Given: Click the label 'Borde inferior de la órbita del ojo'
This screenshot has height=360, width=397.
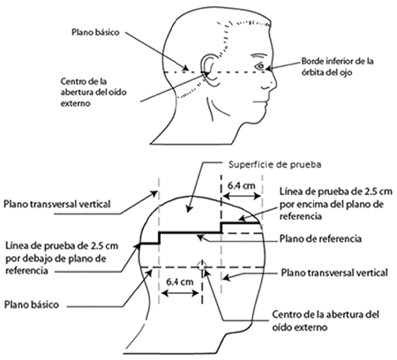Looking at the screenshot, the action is [x=337, y=66].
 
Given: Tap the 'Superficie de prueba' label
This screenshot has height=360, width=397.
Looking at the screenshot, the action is [x=274, y=164].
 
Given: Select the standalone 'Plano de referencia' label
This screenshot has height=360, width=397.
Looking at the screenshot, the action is [x=320, y=238].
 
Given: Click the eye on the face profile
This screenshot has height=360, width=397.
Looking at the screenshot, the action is [x=261, y=66].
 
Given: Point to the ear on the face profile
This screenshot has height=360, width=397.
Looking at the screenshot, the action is [x=209, y=70].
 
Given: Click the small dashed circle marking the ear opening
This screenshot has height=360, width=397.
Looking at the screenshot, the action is [x=202, y=266].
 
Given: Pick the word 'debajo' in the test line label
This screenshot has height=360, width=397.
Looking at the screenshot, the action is [x=52, y=259].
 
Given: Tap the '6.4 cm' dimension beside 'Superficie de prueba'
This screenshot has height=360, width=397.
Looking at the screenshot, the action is [x=242, y=186].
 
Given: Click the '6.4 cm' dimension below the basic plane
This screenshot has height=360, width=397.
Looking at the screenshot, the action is [x=180, y=281].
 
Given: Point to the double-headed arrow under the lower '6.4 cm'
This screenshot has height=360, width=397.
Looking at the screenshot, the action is [x=180, y=293].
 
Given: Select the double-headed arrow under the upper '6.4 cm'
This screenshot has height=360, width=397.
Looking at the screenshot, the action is [x=242, y=196].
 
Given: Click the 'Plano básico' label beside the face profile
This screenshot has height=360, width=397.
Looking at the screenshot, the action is [x=95, y=32].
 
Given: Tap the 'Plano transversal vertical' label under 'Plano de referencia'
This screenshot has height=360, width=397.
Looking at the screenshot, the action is [x=334, y=273].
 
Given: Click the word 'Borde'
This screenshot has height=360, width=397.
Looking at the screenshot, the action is [x=311, y=62].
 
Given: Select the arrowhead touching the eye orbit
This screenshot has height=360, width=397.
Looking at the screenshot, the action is [x=269, y=69].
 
